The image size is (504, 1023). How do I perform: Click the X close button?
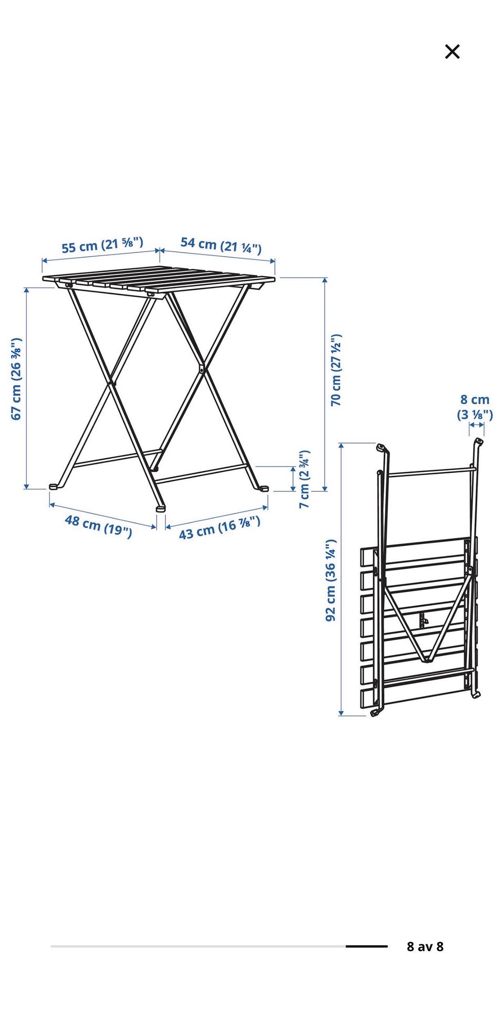pyautogui.click(x=452, y=51)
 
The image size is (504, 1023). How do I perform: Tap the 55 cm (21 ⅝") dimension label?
pyautogui.click(x=102, y=245)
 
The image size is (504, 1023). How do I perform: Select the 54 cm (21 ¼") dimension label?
pyautogui.click(x=221, y=245)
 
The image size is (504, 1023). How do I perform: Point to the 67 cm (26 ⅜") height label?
pyautogui.click(x=16, y=378)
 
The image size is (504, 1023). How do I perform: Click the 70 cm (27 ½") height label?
pyautogui.click(x=336, y=370)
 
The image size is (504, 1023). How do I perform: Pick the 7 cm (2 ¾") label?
pyautogui.click(x=304, y=479)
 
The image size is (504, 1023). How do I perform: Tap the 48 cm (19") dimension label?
pyautogui.click(x=98, y=526)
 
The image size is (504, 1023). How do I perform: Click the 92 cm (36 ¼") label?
pyautogui.click(x=331, y=580)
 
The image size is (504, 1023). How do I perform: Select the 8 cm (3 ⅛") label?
pyautogui.click(x=475, y=407)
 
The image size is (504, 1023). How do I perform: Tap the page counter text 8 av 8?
pyautogui.click(x=425, y=946)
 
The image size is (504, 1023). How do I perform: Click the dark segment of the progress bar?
pyautogui.click(x=366, y=946)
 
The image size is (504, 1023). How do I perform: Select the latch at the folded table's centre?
pyautogui.click(x=423, y=620)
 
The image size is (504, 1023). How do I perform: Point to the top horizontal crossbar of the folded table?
pyautogui.click(x=430, y=471)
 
